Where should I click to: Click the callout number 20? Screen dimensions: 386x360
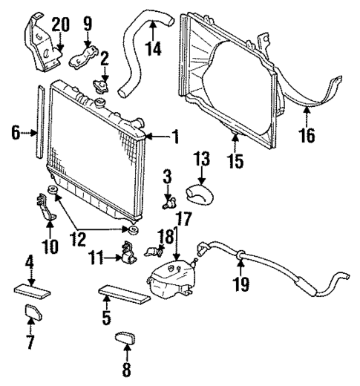pos(60,23)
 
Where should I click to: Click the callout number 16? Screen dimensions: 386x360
pos(307,136)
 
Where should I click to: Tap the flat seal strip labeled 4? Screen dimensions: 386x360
pos(31,287)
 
